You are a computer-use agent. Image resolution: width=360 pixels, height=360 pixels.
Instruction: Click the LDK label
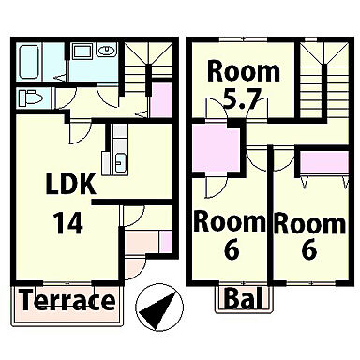[x=71, y=185]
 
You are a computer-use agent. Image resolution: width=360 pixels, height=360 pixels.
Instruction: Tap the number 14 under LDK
[x=68, y=223]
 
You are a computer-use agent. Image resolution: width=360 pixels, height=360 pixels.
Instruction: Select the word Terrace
[x=68, y=300]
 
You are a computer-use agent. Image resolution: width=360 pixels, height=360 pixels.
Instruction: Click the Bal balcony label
[x=244, y=298]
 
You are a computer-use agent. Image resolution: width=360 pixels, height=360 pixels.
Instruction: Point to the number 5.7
[x=242, y=98]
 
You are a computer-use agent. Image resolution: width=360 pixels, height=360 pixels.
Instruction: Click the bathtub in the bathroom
[x=29, y=62]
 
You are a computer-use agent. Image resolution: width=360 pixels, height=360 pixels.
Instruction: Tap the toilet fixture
[x=30, y=97]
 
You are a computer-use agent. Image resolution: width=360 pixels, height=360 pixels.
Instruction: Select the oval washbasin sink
[x=106, y=50]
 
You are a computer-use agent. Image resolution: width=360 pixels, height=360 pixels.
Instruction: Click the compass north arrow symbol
[x=159, y=307]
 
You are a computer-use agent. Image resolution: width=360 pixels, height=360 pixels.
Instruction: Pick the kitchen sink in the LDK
[x=120, y=162]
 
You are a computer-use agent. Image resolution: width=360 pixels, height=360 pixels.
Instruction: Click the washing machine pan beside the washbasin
[x=82, y=51]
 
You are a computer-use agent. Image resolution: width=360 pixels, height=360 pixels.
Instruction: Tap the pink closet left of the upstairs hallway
[x=217, y=147]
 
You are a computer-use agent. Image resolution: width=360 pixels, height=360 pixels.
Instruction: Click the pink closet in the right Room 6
[x=324, y=162]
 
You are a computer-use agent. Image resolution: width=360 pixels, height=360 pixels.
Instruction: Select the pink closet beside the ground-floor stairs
[x=161, y=99]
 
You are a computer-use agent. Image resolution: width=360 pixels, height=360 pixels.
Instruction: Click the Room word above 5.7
[x=244, y=72]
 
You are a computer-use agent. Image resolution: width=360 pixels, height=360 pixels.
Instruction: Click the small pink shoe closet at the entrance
[x=166, y=241]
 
